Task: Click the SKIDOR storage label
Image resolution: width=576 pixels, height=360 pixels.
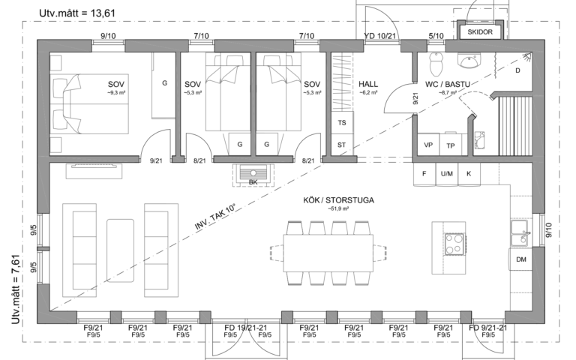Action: pos(480,32)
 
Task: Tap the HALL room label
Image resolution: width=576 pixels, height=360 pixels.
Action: pos(368,85)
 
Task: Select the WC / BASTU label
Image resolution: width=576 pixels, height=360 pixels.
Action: pos(448,85)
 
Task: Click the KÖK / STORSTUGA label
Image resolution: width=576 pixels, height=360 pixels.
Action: pos(338,200)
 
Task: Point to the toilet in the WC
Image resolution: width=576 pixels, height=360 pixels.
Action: pos(435,64)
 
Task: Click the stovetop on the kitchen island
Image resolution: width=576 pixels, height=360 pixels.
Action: pos(454,244)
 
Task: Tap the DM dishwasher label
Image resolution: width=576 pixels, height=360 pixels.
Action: pos(521,259)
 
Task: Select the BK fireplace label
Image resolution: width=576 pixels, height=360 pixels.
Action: pos(253,182)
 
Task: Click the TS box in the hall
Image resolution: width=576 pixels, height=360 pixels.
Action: pos(342,123)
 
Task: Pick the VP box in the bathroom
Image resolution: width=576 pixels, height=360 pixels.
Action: pos(428,145)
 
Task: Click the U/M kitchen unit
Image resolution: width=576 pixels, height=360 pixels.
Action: pos(447,174)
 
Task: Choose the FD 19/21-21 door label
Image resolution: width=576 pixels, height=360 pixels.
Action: pos(246,328)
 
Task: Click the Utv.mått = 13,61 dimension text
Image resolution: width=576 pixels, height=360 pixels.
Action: pos(77,13)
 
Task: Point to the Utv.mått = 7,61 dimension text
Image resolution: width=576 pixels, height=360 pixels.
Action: pos(16,289)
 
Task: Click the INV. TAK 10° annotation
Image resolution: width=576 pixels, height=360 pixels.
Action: pos(214,217)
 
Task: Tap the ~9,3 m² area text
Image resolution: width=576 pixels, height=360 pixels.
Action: pos(116,93)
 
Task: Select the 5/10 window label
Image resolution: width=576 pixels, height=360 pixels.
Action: pos(436,36)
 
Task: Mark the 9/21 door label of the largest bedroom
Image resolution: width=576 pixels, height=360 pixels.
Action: pos(156,160)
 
